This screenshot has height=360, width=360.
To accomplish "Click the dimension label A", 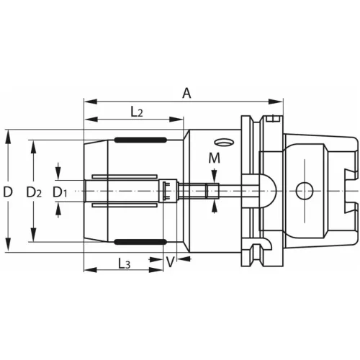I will click(187, 92).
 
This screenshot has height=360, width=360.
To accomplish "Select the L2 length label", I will click(136, 111).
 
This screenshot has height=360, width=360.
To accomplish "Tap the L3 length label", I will click(123, 264).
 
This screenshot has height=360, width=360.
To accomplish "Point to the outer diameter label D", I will click(8, 192).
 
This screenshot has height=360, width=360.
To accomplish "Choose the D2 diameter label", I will click(34, 192).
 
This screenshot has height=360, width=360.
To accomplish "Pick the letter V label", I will click(170, 263).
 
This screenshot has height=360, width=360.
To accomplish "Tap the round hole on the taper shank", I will click(303, 191).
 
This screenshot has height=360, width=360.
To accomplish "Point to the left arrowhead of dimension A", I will click(88, 101).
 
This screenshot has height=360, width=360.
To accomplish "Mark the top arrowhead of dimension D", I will click(8, 134).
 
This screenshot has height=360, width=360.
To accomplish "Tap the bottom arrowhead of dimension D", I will click(8, 248).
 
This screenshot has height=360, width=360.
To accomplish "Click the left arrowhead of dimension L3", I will click(88, 271).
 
